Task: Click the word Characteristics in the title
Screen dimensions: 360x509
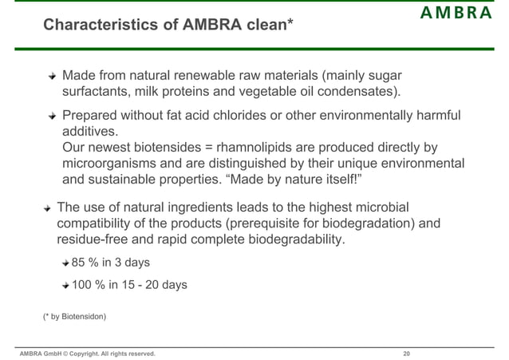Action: coord(90,26)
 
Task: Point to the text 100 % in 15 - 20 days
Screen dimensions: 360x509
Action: coord(129,283)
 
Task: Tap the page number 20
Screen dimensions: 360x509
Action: coord(406,353)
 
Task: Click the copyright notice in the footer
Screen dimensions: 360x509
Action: coord(88,353)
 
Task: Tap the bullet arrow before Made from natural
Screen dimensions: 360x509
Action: coord(52,77)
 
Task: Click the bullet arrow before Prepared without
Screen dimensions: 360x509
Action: coord(52,116)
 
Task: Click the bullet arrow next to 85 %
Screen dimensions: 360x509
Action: coord(65,263)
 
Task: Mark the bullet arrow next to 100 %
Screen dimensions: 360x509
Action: coord(65,284)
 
